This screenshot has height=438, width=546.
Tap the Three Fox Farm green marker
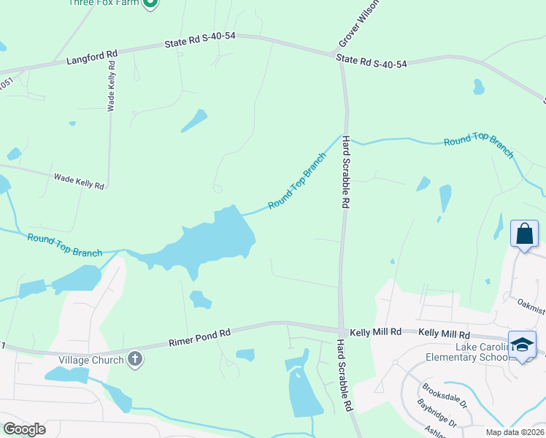150,3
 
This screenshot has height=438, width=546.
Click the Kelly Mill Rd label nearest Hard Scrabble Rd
375,332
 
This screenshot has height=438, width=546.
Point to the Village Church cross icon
134,359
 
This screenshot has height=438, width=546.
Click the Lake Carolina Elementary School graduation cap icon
523,345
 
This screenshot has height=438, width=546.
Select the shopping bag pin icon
524,234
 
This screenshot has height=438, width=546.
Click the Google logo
24,429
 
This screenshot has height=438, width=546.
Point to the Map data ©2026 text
514,432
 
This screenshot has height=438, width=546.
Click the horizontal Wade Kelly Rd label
79,181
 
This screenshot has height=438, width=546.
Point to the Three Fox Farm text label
103,3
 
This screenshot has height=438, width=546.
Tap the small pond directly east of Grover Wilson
478,88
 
